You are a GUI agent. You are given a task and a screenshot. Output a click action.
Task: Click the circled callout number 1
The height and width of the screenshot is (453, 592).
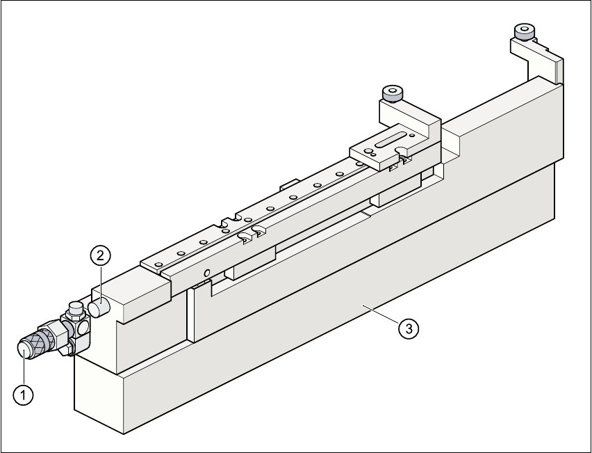point(24,395)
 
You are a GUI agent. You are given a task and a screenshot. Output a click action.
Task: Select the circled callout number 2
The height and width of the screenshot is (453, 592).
point(100,255)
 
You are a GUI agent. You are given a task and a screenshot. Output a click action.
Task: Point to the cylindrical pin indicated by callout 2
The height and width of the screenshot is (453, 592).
point(97,306)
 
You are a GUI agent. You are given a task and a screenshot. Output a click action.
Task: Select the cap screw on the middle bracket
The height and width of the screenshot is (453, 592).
point(393,93)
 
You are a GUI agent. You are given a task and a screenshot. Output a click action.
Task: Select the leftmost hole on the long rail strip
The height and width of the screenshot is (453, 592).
point(158,264)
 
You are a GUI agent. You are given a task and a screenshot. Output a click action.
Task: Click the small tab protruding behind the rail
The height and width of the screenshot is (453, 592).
point(288,186)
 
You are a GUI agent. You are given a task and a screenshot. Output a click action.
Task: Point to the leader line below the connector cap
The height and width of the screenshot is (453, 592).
point(24,369)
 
